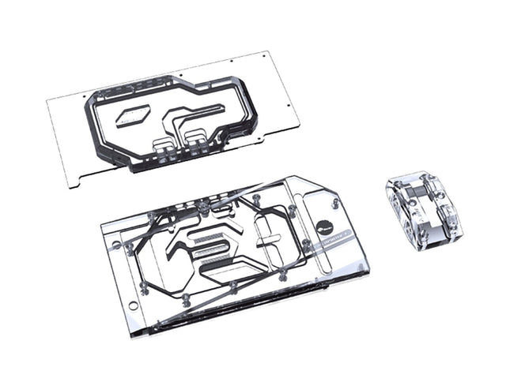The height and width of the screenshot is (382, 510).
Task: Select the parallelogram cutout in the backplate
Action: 132,117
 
